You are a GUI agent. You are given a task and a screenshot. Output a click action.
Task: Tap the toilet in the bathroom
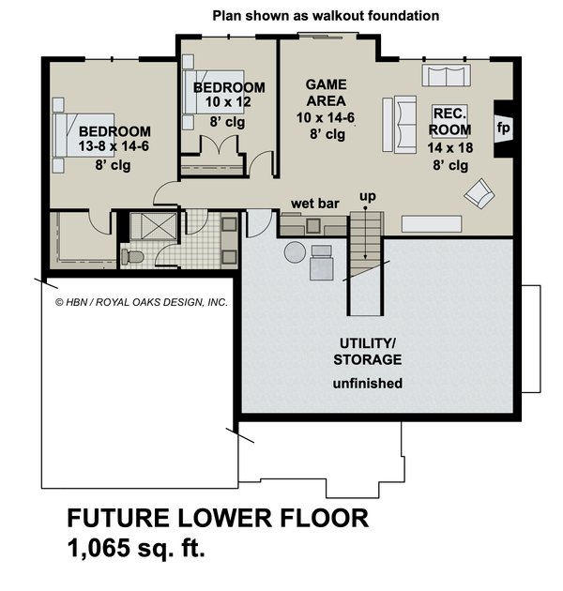pyautogui.click(x=132, y=256)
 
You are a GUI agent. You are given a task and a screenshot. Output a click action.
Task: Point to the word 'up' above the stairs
pyautogui.click(x=369, y=196)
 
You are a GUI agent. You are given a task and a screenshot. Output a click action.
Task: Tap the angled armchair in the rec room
pyautogui.click(x=479, y=193)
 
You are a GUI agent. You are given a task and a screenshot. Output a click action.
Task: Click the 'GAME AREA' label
pyautogui.click(x=326, y=92)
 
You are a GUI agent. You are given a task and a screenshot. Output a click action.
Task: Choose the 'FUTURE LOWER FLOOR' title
pyautogui.click(x=217, y=519)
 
